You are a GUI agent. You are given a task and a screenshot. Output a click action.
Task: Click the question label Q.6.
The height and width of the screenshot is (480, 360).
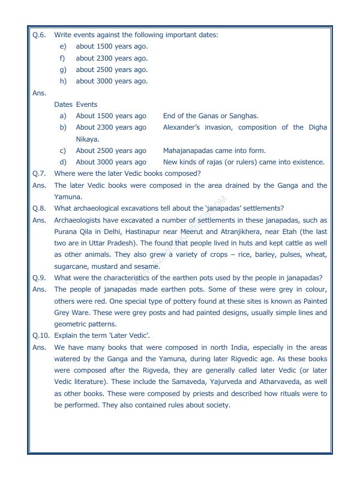38,35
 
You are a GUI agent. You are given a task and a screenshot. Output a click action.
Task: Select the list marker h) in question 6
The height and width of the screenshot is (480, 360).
62,82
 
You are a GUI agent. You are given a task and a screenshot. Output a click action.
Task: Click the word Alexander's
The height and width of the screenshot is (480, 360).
182,128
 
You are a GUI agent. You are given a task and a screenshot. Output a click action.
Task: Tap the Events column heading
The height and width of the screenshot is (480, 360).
86,104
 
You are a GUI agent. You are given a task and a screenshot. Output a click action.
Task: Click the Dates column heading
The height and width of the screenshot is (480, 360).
63,104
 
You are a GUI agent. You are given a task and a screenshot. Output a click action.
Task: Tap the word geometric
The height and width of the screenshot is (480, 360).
71,324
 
